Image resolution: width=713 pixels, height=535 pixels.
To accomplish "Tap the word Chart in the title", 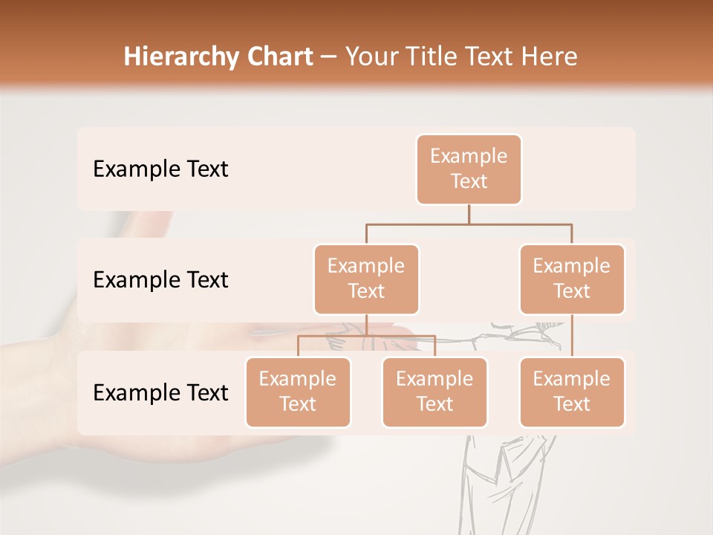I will (276, 57).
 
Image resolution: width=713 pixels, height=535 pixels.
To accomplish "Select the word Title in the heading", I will (437, 57).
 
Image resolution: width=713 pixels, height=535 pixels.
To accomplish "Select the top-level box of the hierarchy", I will (469, 169).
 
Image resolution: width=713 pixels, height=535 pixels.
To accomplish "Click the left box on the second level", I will (366, 279).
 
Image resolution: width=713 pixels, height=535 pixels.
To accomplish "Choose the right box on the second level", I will (572, 279).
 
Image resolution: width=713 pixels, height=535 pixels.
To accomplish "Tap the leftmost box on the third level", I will (298, 392).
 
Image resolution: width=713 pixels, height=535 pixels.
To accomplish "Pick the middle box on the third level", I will (434, 392).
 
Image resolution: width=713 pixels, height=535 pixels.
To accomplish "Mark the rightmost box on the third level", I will (572, 392).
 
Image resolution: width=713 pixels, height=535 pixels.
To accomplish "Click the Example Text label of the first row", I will (160, 169).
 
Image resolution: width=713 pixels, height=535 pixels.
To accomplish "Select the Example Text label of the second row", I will (160, 280).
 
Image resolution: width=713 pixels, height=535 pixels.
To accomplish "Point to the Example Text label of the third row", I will (160, 392).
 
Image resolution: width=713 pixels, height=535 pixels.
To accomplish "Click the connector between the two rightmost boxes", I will (572, 336).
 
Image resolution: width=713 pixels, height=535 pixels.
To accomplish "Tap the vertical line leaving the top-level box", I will (469, 214).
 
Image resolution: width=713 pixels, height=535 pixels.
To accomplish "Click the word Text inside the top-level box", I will (469, 181).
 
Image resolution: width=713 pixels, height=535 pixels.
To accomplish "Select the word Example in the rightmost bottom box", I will (572, 379).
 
